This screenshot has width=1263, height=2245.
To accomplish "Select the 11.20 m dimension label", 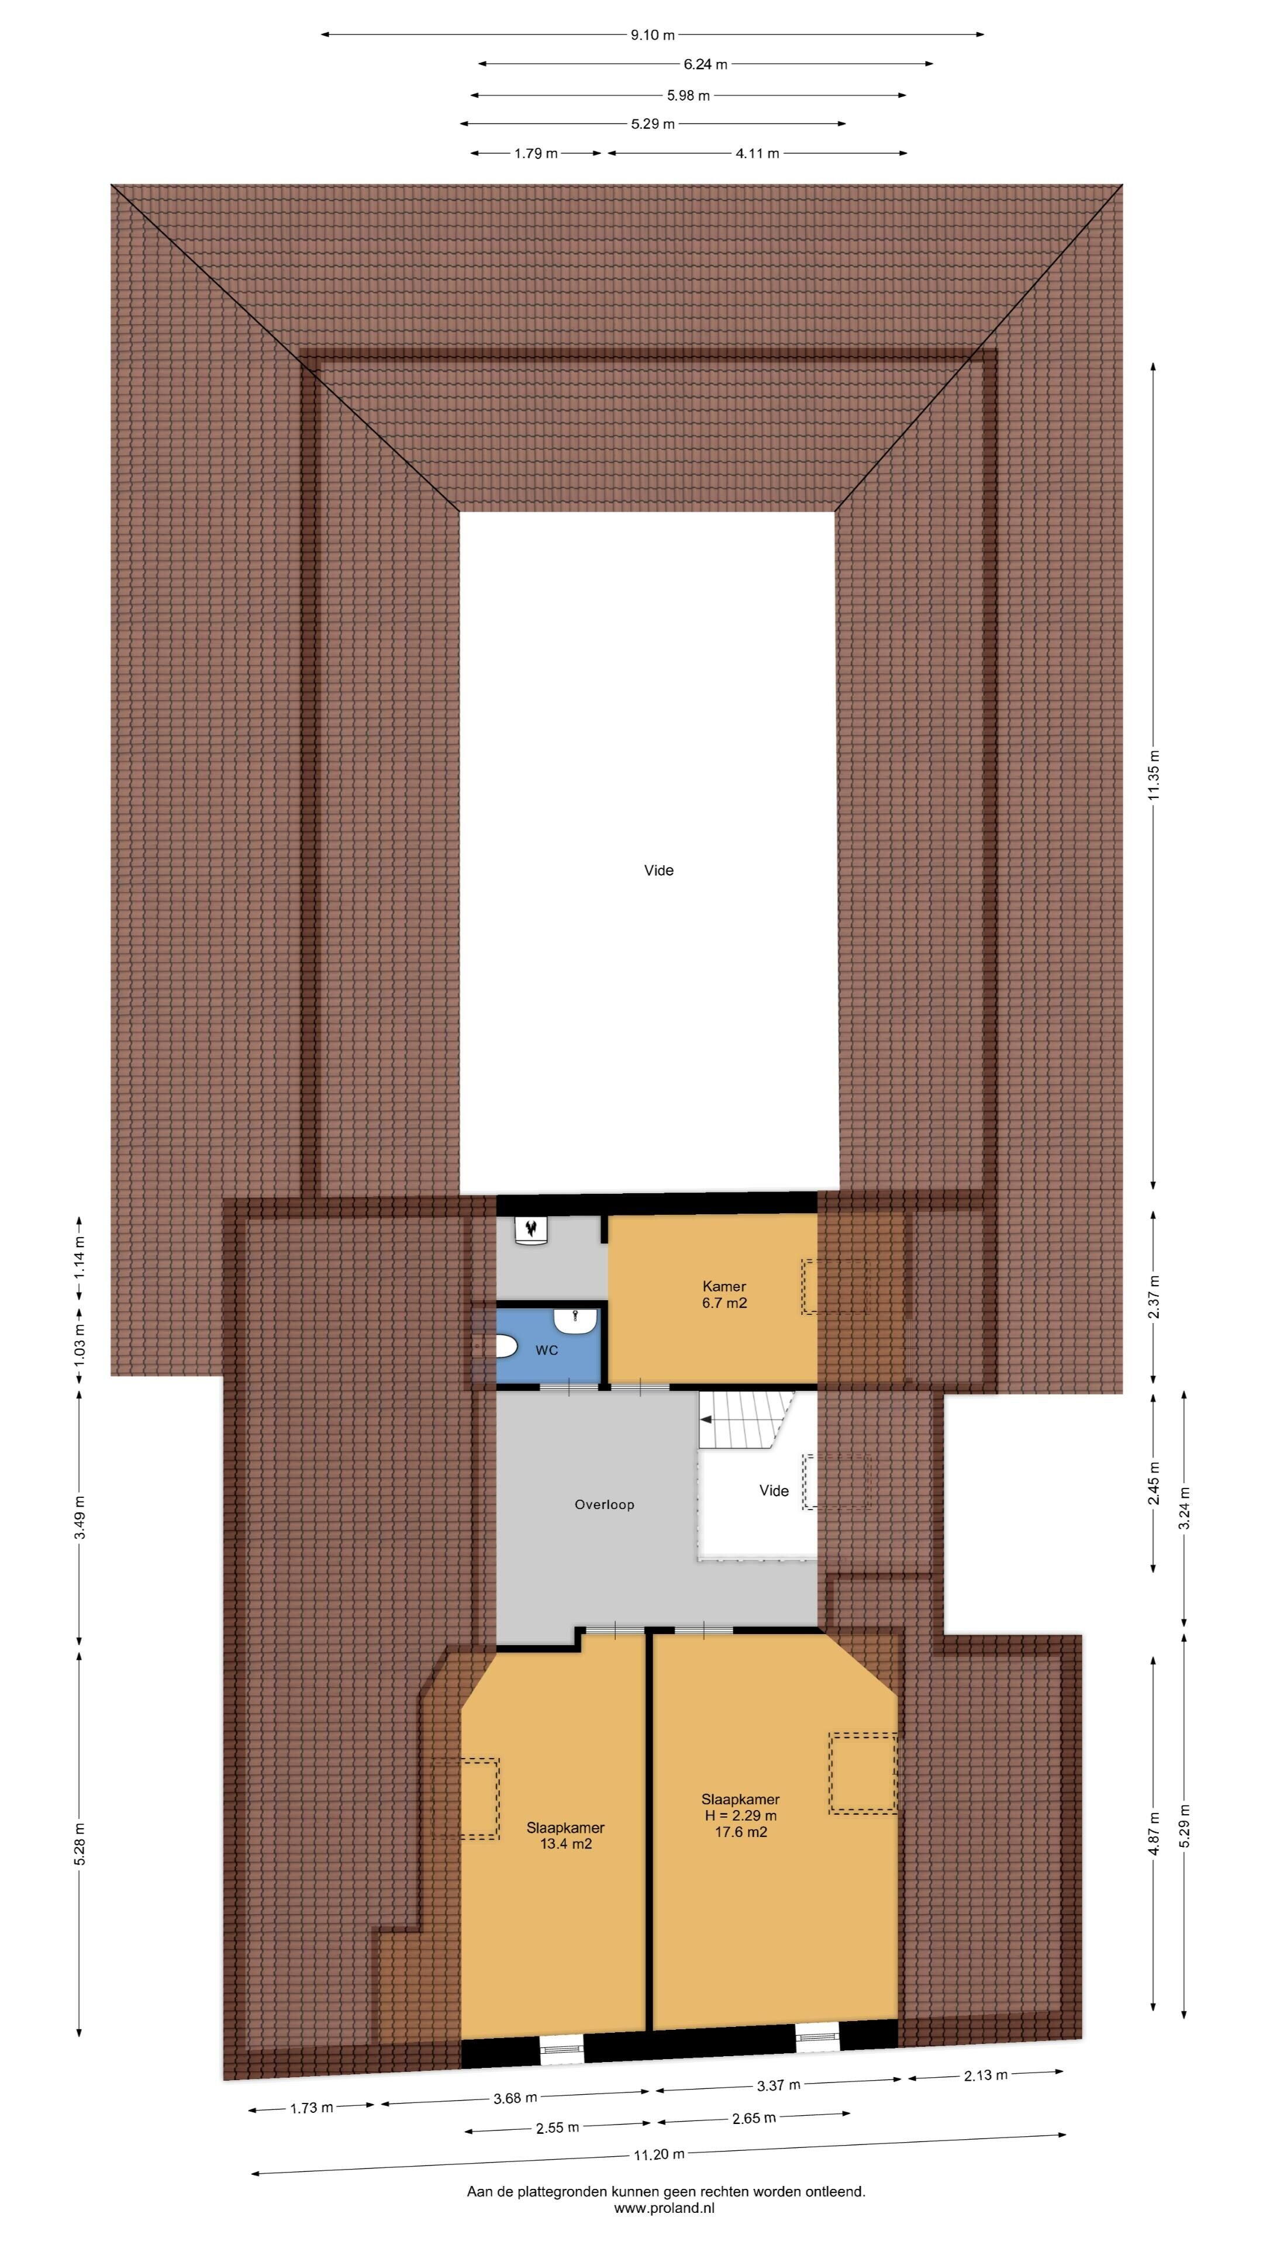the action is coord(659,2153).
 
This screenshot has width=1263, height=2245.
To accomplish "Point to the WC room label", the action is coord(547,1350).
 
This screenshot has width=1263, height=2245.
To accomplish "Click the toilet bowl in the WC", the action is coord(506,1348).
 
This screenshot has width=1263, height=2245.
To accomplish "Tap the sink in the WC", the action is coord(575,1320).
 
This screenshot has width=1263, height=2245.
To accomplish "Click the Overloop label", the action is coord(604,1504).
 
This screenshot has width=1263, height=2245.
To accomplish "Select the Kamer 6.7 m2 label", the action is coord(724,1294).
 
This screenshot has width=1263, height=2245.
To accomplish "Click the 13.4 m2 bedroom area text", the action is coord(565,1843).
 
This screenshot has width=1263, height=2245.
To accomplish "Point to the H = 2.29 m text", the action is coord(741,1815).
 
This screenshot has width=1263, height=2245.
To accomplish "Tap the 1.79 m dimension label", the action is coord(536,153).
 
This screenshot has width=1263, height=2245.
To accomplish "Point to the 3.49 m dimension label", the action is coord(80,1517).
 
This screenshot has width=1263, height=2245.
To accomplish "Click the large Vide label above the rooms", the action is coord(659,870).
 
